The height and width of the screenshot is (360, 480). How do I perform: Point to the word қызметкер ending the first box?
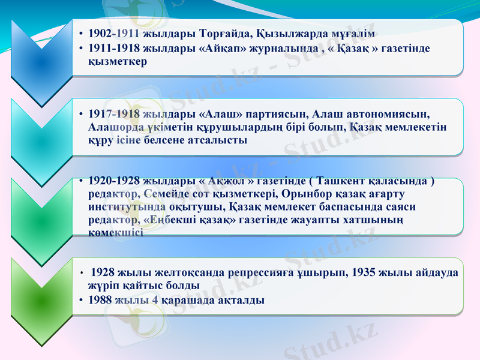[118, 61]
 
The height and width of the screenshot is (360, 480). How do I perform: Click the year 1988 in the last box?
[100, 299]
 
